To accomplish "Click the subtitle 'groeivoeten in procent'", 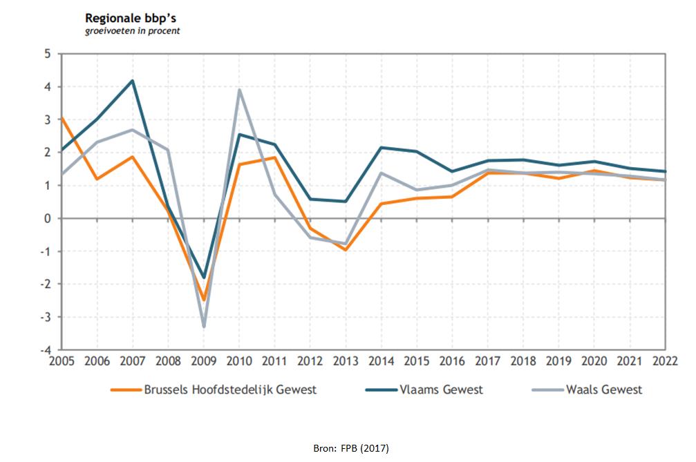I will (x=133, y=31).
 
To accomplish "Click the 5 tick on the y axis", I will (x=48, y=54).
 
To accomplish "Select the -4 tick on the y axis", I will (x=46, y=349).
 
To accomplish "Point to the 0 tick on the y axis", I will (x=48, y=218).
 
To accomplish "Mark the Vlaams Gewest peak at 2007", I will (x=132, y=81).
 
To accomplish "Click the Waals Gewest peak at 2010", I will (x=238, y=90).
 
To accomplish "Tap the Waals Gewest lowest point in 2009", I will (x=204, y=326).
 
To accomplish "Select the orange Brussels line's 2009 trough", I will (x=204, y=300).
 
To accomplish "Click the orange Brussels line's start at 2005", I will (x=62, y=118).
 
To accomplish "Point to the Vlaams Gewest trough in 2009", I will (x=204, y=278).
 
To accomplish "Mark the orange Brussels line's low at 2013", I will (x=346, y=249).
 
